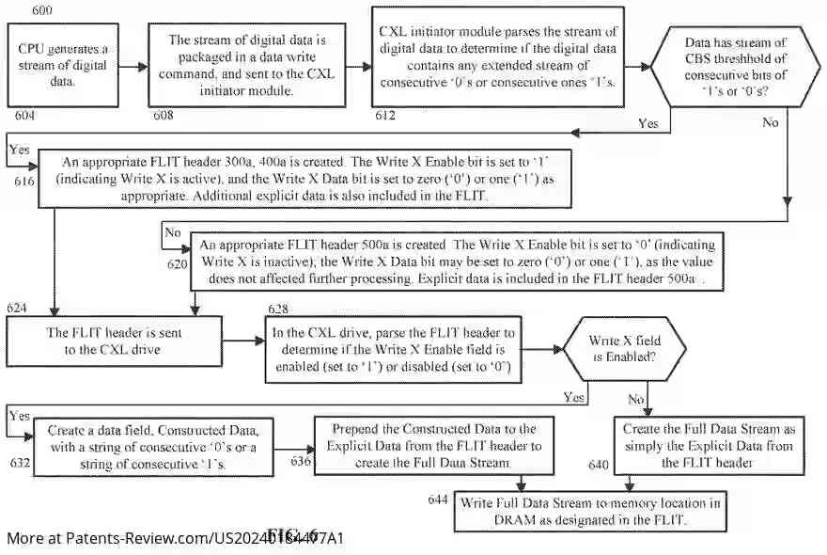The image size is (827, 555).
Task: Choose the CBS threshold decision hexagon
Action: pos(735,67)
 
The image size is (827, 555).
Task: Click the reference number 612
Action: pos(385,115)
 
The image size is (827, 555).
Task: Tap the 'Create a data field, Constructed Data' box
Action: pos(154,445)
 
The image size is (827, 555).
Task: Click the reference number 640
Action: pos(599,465)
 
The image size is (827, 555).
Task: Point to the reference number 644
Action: pos(437,499)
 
